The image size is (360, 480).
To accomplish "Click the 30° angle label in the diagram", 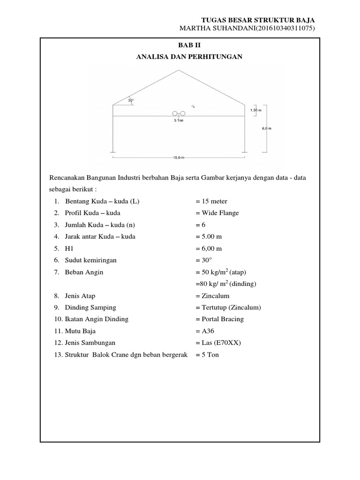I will point(131,100).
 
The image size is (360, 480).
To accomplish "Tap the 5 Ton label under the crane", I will point(178,120).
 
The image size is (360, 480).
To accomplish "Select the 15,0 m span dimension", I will point(178,158).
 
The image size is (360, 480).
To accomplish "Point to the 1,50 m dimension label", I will point(256,110).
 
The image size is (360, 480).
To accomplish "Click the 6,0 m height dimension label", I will point(266,128).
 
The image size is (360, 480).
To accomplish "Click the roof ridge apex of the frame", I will point(178,70).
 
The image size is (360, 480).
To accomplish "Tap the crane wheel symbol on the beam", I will point(178,113).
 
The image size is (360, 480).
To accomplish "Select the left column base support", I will point(113,152).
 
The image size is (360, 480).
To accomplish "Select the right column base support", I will point(244,152).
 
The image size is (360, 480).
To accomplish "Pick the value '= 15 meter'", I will point(211,201).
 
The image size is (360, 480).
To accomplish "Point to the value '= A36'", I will point(205,331).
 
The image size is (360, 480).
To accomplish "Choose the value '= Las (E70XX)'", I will point(217,343).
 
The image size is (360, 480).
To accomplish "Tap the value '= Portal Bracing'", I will point(219,319).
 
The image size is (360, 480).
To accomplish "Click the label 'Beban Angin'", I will point(84,272).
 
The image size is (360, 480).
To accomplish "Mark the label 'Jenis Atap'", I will point(81,296).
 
